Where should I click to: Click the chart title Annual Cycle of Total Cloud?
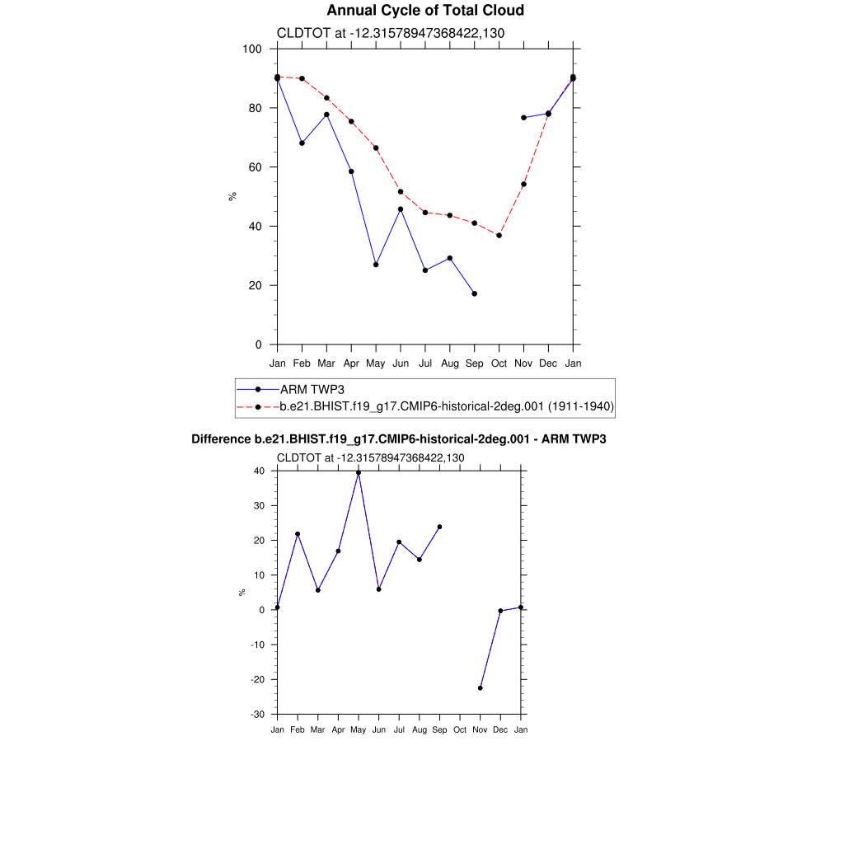click(424, 11)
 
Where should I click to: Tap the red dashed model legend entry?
click(447, 406)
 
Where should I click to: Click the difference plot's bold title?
click(398, 439)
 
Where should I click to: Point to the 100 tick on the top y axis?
click(252, 49)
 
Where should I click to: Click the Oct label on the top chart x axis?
click(499, 363)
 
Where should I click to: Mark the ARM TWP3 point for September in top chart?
click(474, 293)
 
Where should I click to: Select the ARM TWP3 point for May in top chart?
click(376, 265)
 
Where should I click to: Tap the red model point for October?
click(499, 236)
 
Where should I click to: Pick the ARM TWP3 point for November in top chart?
click(523, 118)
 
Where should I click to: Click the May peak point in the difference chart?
click(359, 473)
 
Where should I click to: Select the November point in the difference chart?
click(481, 687)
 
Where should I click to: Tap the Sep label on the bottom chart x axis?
click(439, 729)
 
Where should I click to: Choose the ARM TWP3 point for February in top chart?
click(302, 143)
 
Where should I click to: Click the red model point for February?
click(302, 79)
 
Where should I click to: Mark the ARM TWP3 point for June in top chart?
click(401, 209)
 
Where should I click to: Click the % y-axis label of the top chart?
click(232, 196)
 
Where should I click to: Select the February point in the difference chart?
click(298, 534)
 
